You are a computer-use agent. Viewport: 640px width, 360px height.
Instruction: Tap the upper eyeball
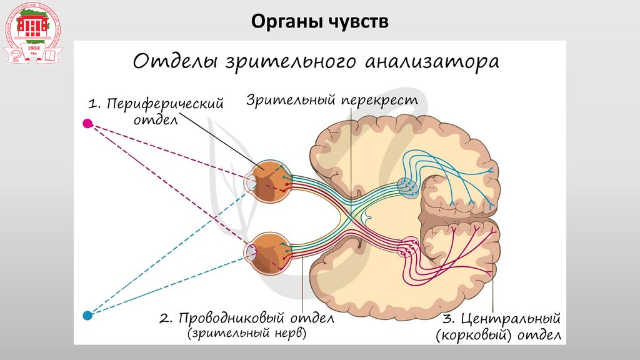point(269,181)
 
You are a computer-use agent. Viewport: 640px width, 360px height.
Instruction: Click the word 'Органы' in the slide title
point(284,21)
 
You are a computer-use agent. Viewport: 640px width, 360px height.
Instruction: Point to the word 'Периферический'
point(165,104)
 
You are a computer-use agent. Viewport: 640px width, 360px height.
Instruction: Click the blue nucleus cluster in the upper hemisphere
point(406,186)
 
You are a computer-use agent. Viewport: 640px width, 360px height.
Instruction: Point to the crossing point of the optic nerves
point(353,214)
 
